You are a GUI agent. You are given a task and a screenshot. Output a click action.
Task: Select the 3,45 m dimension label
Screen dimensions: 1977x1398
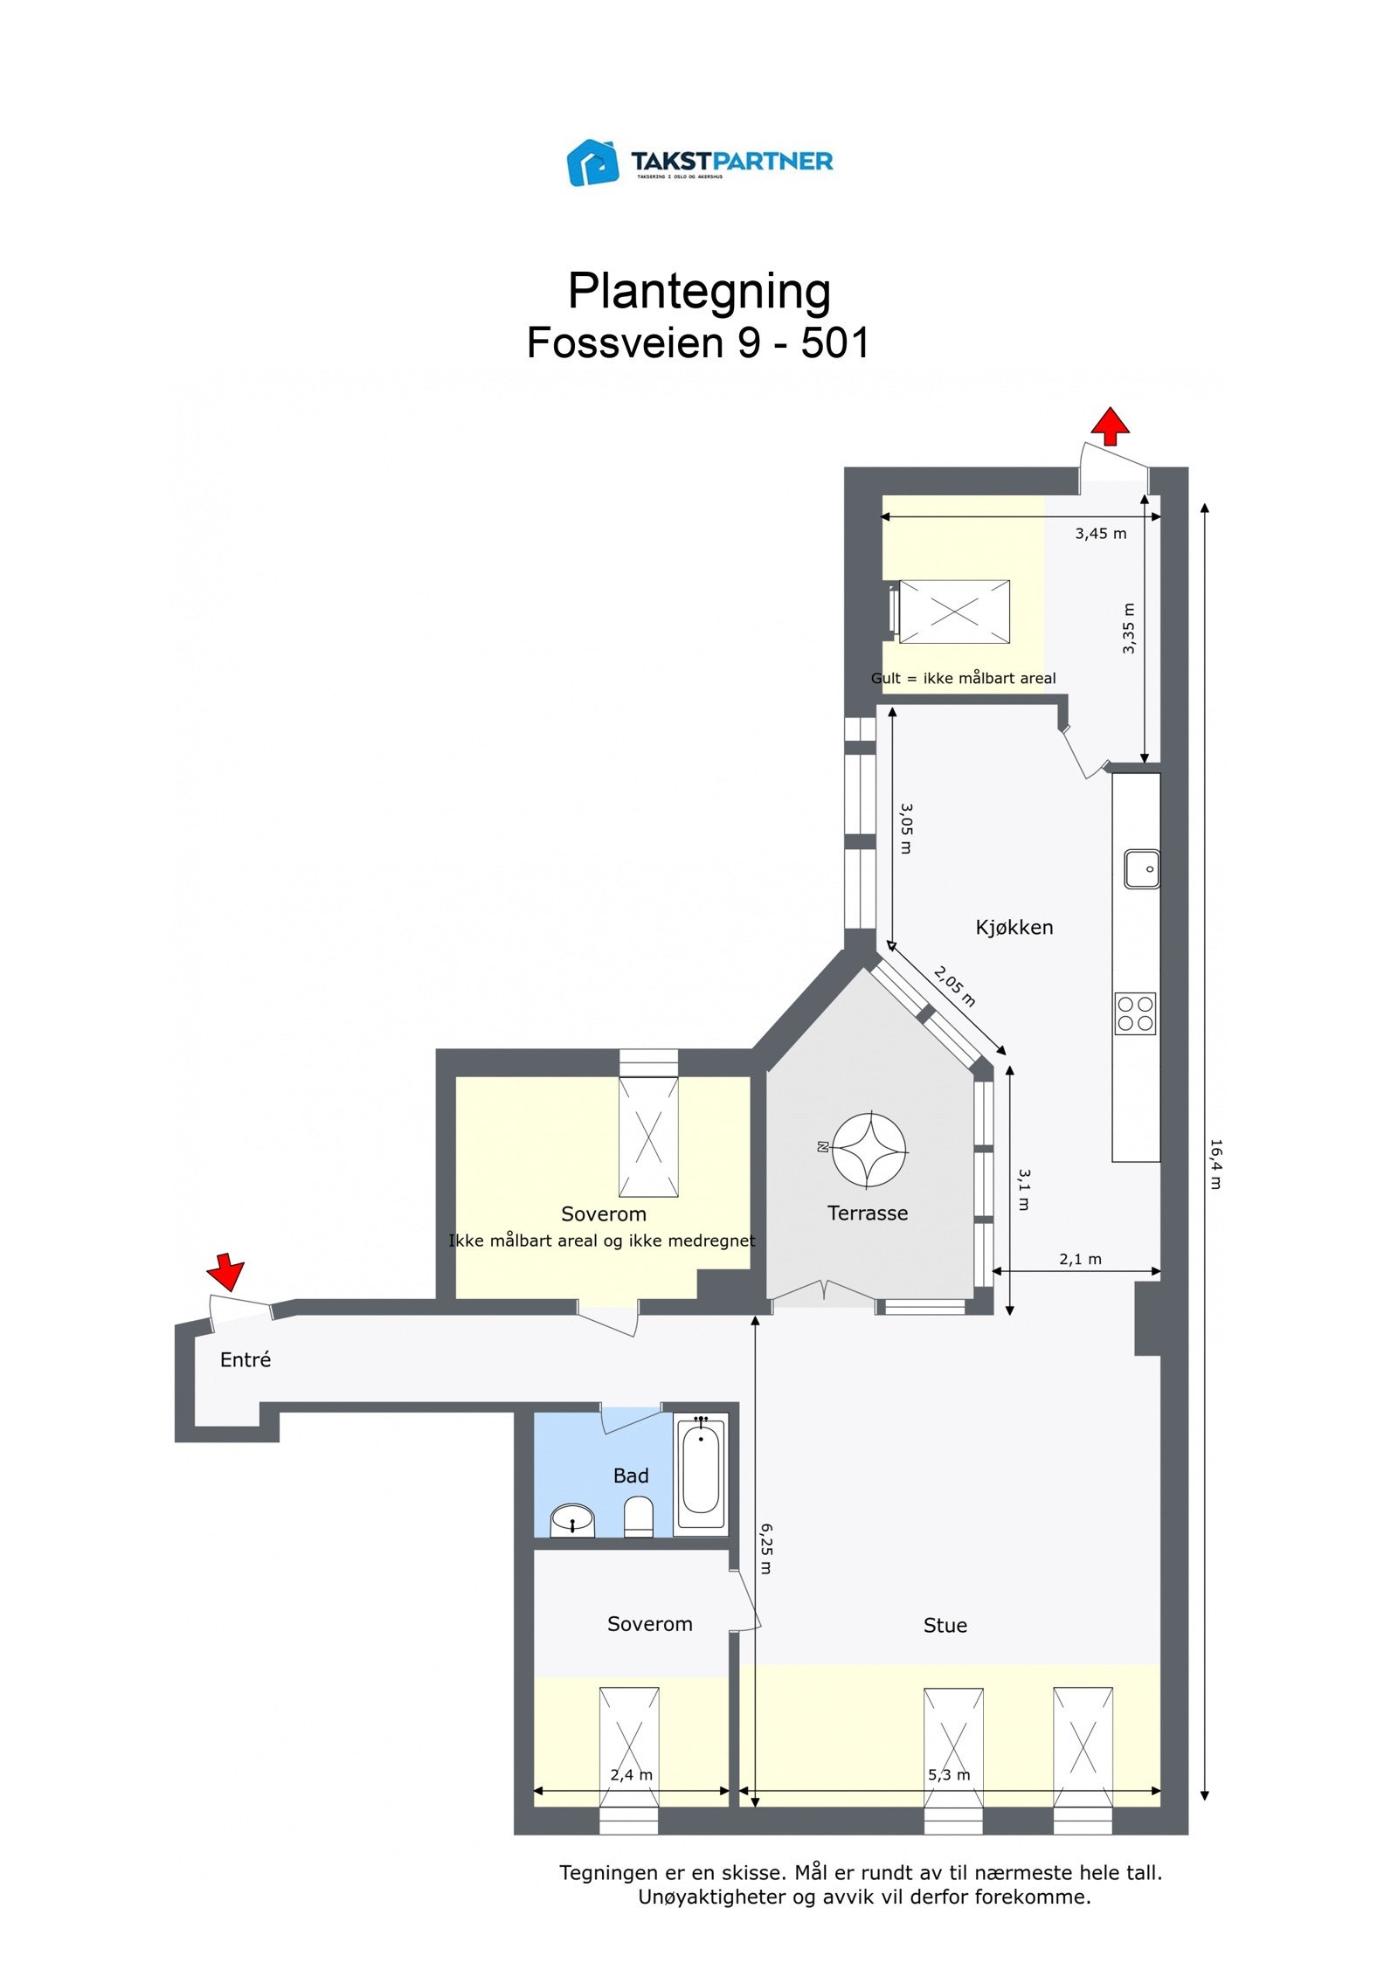click(1100, 533)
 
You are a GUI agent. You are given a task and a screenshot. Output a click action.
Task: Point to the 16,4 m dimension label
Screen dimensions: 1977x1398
click(1215, 1163)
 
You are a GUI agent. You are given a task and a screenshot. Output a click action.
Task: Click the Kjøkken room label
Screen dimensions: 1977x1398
click(1014, 927)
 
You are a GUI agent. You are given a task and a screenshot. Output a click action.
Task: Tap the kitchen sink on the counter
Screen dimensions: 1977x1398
click(1141, 868)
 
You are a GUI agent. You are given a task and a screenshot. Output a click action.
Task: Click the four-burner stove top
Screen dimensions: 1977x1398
click(1135, 1013)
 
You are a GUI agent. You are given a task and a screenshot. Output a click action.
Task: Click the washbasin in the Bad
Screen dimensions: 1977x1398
click(572, 1520)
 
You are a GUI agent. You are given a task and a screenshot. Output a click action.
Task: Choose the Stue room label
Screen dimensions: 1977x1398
click(945, 1625)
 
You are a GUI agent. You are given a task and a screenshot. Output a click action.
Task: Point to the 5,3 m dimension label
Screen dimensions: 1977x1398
click(949, 1774)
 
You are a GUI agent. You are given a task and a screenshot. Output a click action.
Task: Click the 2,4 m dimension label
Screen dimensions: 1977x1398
click(631, 1774)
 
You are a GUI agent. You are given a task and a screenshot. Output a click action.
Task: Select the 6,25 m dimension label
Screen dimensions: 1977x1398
click(765, 1548)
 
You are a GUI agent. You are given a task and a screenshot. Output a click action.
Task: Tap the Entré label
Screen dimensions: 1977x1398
click(246, 1359)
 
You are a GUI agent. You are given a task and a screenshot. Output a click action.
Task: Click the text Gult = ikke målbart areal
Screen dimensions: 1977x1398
click(963, 678)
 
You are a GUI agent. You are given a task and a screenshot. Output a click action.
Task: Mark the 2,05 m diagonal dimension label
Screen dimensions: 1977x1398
click(954, 986)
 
